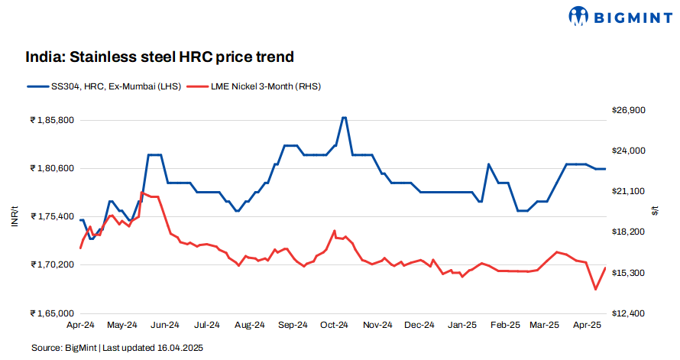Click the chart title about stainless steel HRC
tap(160, 57)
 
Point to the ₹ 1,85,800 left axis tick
tap(51, 120)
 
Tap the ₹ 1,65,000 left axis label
tap(51, 313)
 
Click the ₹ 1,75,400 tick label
tap(51, 217)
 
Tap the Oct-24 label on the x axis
tap(334, 326)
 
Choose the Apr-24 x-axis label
tap(80, 326)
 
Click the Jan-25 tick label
tap(461, 326)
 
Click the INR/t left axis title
tap(14, 216)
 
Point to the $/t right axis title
tap(656, 212)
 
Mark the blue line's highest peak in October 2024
tap(344, 118)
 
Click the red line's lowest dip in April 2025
tap(595, 290)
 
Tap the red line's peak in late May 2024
tap(142, 193)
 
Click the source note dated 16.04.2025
tap(118, 348)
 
